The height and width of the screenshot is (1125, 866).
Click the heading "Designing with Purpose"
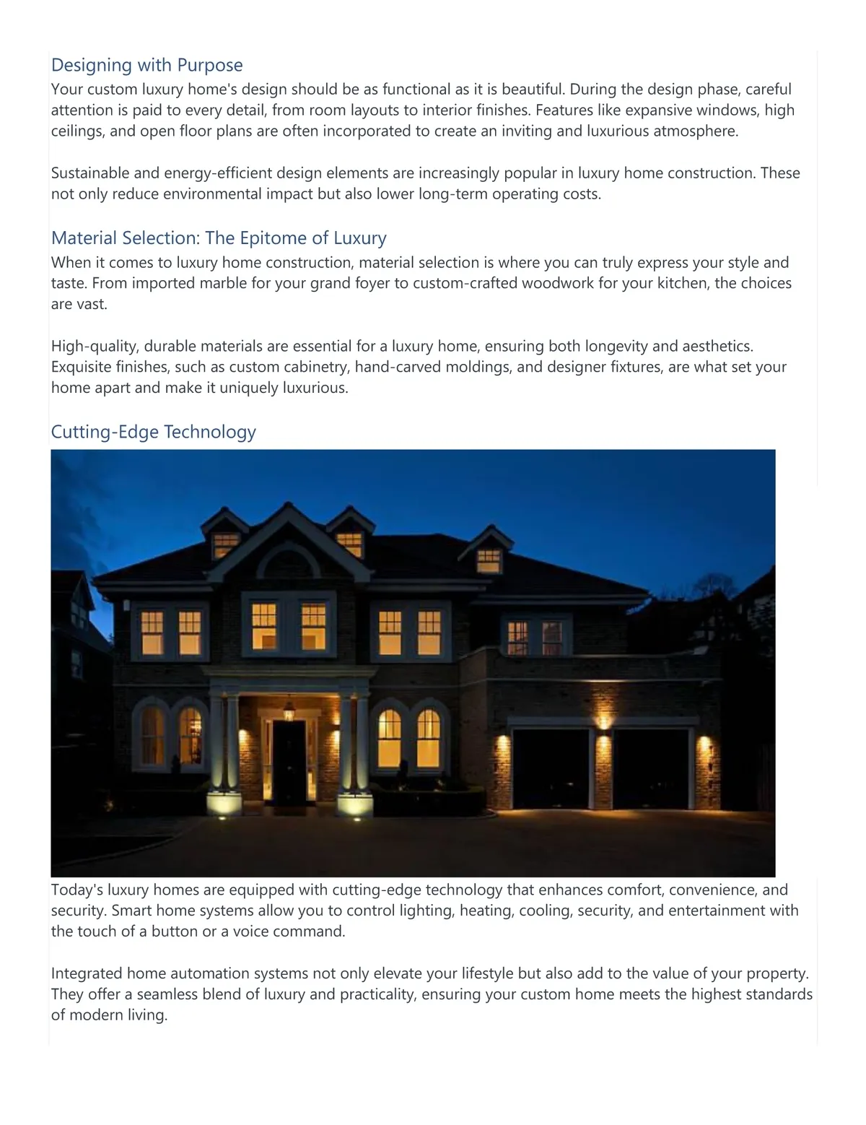(x=146, y=65)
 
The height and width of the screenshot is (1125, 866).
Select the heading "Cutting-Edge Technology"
(x=153, y=432)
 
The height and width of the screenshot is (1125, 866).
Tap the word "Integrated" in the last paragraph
(x=87, y=973)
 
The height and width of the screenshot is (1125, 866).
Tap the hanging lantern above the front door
(x=289, y=711)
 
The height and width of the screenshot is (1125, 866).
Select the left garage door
(x=551, y=770)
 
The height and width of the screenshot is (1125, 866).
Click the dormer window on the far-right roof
(x=489, y=560)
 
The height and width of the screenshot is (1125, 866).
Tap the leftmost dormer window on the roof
(x=226, y=545)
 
